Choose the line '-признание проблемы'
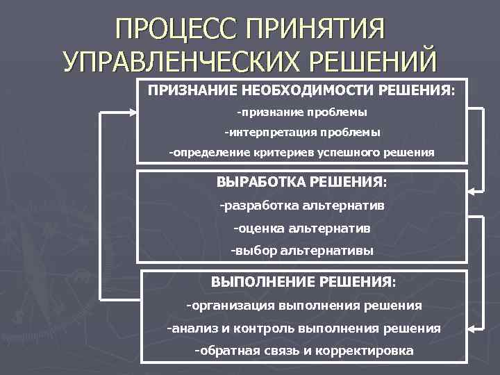coord(301,111)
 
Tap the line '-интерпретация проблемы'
coord(301,131)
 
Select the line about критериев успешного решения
coord(301,151)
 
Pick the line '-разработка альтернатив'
coord(301,206)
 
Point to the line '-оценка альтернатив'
coord(301,227)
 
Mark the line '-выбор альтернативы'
coord(301,250)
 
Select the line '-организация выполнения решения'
coord(304,305)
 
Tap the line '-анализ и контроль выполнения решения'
coord(304,328)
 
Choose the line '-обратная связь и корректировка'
coord(304,350)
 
